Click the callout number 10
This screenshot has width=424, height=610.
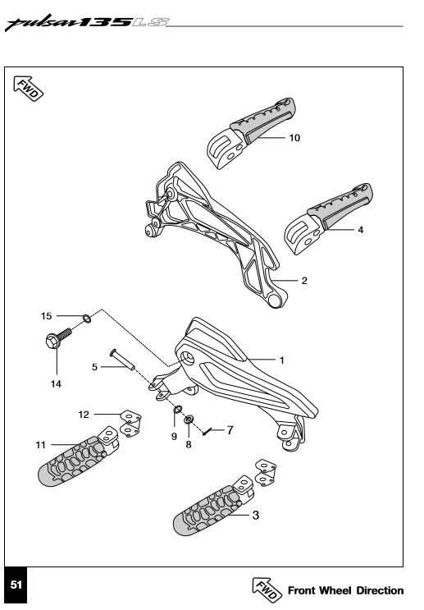294,138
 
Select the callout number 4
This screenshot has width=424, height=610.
361,230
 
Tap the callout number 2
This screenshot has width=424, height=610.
304,281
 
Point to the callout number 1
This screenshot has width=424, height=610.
281,360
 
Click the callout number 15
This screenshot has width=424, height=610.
48,315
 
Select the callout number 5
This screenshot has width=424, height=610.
94,368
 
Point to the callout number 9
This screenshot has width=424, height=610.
174,437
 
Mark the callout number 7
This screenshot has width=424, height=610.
230,429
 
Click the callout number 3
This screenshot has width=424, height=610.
257,516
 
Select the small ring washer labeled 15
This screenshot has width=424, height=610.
86,315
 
